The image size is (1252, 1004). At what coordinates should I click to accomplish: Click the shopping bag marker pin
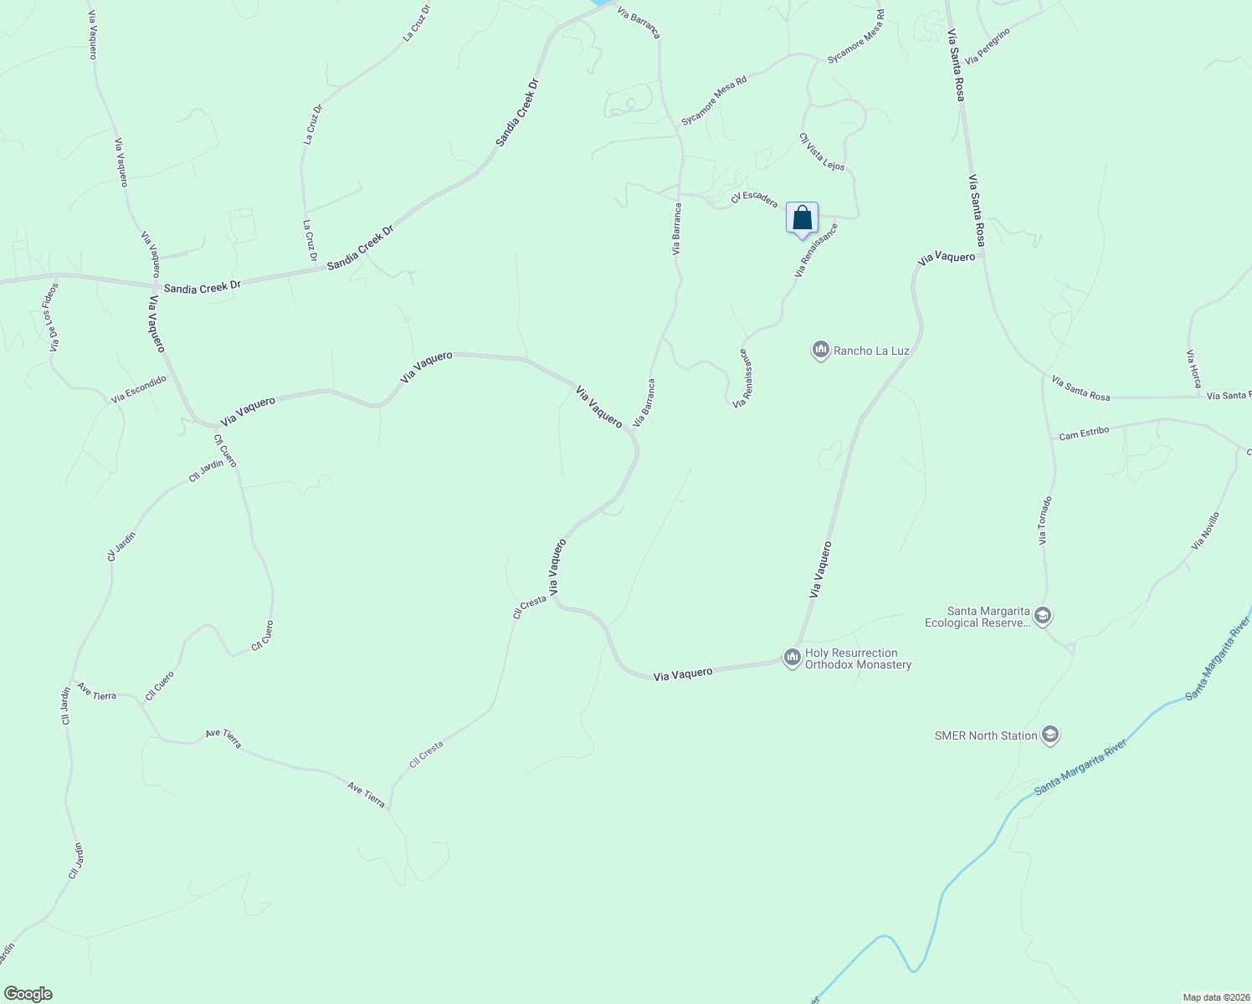802,218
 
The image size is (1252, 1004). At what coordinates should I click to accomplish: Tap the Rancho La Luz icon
820,351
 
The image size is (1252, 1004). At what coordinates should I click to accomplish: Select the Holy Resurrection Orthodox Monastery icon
792,658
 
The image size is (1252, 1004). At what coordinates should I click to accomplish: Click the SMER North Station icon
1051,735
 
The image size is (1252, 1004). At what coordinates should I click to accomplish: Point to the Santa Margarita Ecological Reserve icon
1043,617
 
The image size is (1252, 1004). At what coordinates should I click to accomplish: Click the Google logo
28,994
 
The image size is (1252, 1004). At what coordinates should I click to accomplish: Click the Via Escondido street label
139,390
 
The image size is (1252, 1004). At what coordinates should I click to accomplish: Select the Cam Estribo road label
1084,433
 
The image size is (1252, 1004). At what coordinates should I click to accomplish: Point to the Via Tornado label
1045,520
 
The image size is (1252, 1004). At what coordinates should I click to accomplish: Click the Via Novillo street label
1205,531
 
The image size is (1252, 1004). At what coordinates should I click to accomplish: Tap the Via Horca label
1193,369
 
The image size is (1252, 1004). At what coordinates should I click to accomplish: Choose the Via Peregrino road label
988,47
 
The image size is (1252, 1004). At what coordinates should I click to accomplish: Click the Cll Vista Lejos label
822,152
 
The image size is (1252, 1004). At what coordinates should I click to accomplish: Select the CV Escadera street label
754,198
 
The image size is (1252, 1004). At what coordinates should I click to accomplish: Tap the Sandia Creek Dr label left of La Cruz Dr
202,287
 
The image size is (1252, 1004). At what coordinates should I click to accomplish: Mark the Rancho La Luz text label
871,351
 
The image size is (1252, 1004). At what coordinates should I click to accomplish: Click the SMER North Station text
986,736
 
